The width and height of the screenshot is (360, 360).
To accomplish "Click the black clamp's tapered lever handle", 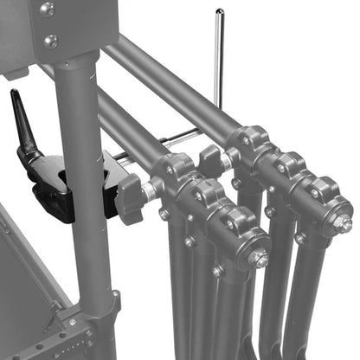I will pos(23,121).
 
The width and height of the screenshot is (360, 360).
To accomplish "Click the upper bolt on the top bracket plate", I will pos(47,10).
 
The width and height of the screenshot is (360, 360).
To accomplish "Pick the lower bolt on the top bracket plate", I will pos(51,41).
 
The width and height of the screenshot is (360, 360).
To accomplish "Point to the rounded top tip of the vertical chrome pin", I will pos(220,12).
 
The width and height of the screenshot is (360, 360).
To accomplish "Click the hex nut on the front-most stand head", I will pos(258,257).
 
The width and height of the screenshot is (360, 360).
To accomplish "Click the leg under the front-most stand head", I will pos(238,320).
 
